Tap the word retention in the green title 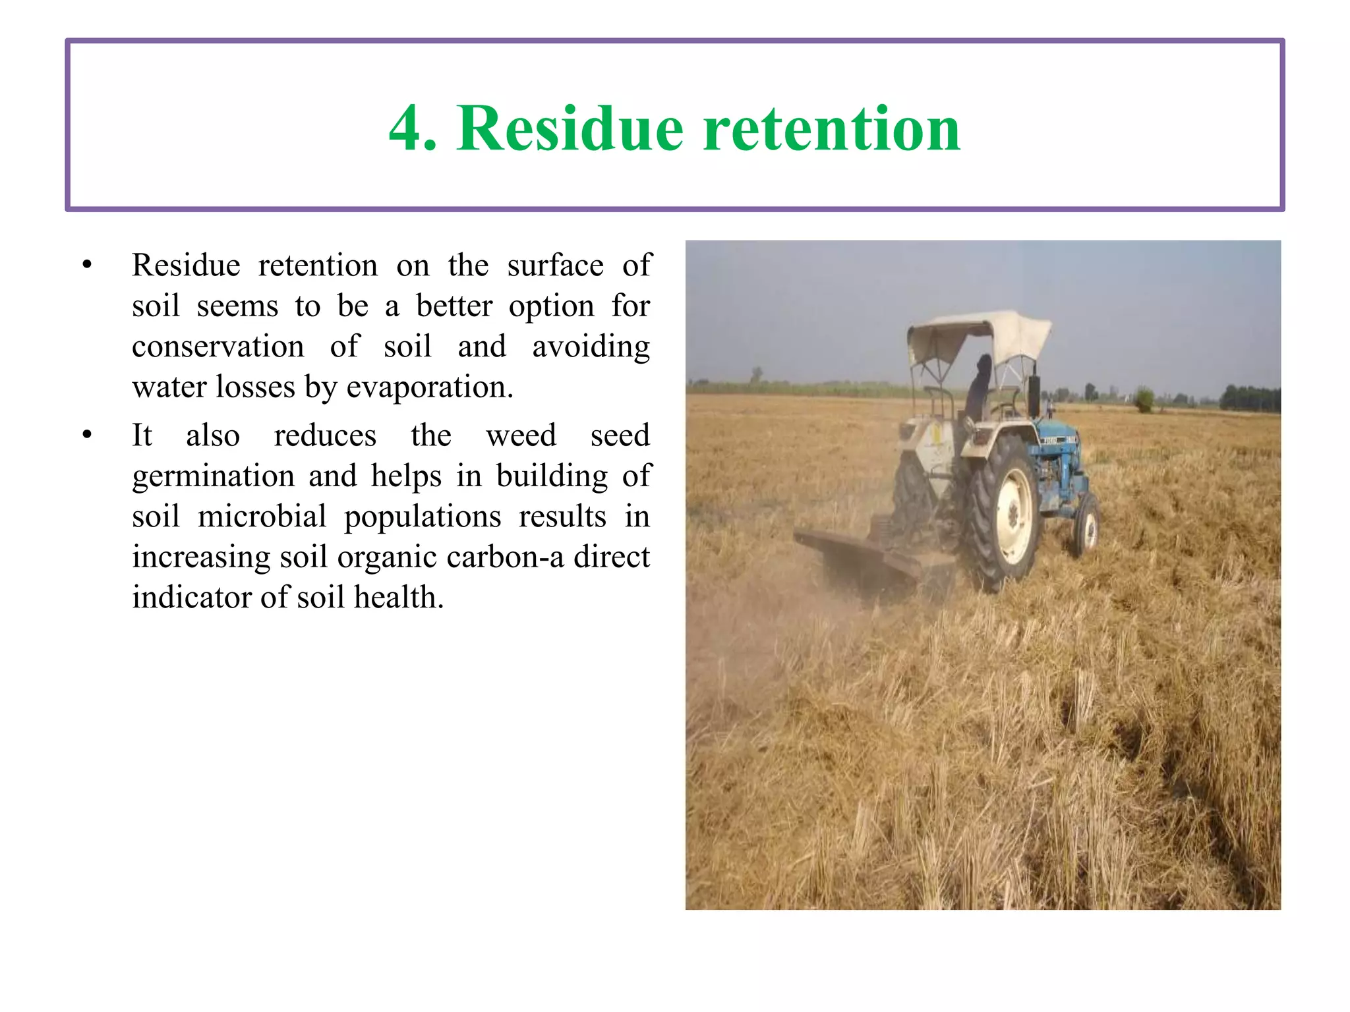click(x=832, y=129)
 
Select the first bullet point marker click(x=87, y=265)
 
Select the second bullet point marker click(x=87, y=435)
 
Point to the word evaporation click(x=429, y=387)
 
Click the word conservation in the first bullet click(x=218, y=347)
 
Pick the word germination click(x=213, y=476)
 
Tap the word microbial click(x=262, y=517)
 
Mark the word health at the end click(x=398, y=598)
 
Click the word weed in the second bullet click(x=521, y=436)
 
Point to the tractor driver click(x=980, y=389)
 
